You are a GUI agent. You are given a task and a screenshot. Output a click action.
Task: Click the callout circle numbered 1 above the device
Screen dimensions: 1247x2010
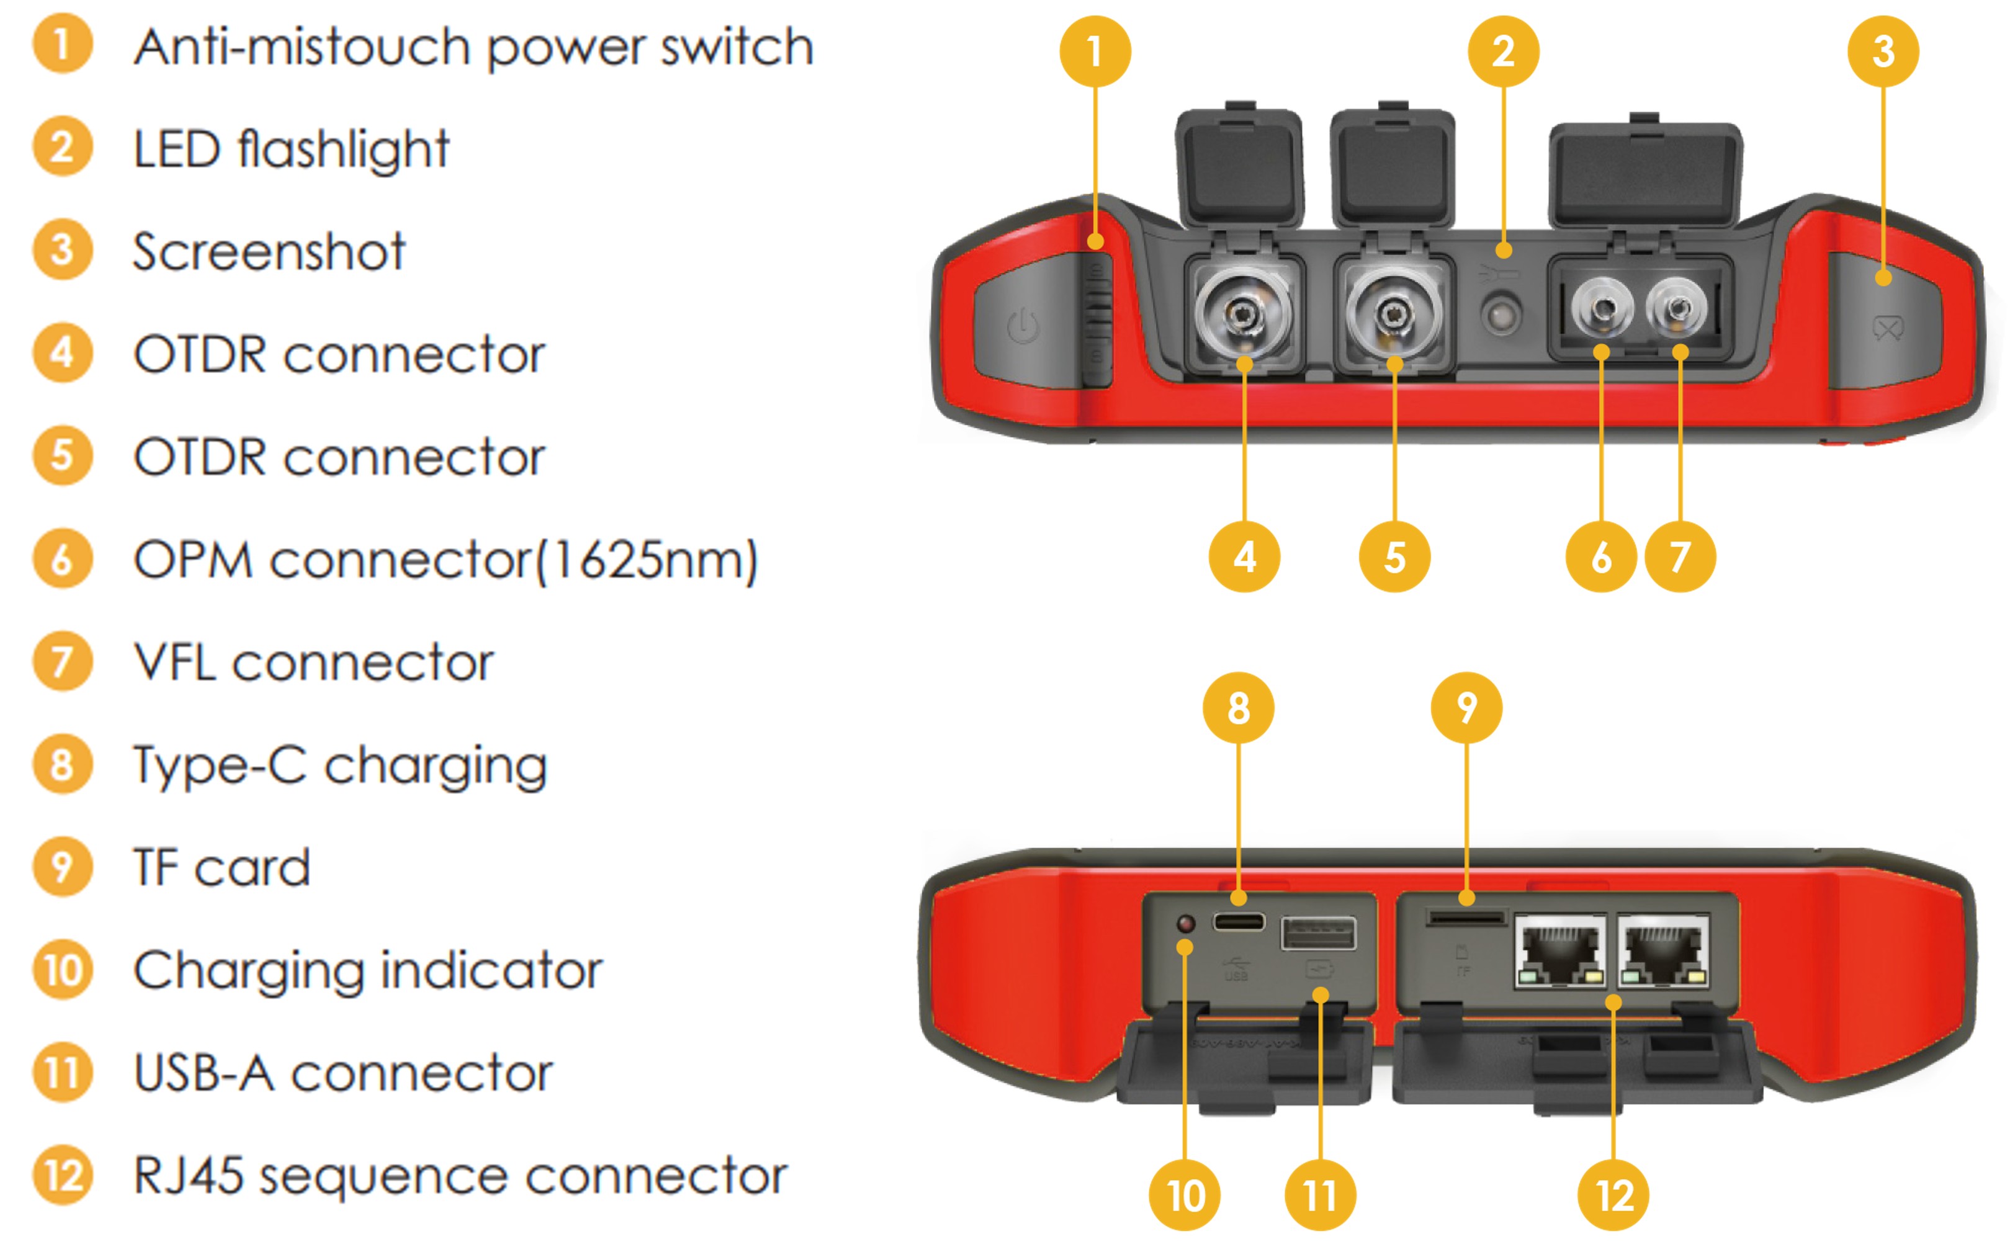(x=1095, y=51)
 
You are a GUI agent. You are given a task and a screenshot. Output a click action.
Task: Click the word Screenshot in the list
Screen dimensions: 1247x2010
(x=269, y=251)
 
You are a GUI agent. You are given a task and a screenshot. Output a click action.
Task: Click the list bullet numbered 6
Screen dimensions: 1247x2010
(x=62, y=558)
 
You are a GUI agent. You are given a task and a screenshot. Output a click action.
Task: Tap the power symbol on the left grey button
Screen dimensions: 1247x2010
(x=1023, y=326)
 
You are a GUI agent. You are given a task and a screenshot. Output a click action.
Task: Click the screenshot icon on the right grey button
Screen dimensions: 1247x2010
(x=1888, y=328)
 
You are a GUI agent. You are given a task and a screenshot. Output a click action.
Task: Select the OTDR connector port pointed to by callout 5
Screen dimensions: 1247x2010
(x=1393, y=314)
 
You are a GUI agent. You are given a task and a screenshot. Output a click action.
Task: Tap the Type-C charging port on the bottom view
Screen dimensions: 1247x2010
(x=1238, y=921)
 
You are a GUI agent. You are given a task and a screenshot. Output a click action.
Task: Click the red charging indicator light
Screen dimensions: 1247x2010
(x=1185, y=923)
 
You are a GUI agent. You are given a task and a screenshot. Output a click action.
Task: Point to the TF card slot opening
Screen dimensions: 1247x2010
(x=1466, y=917)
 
